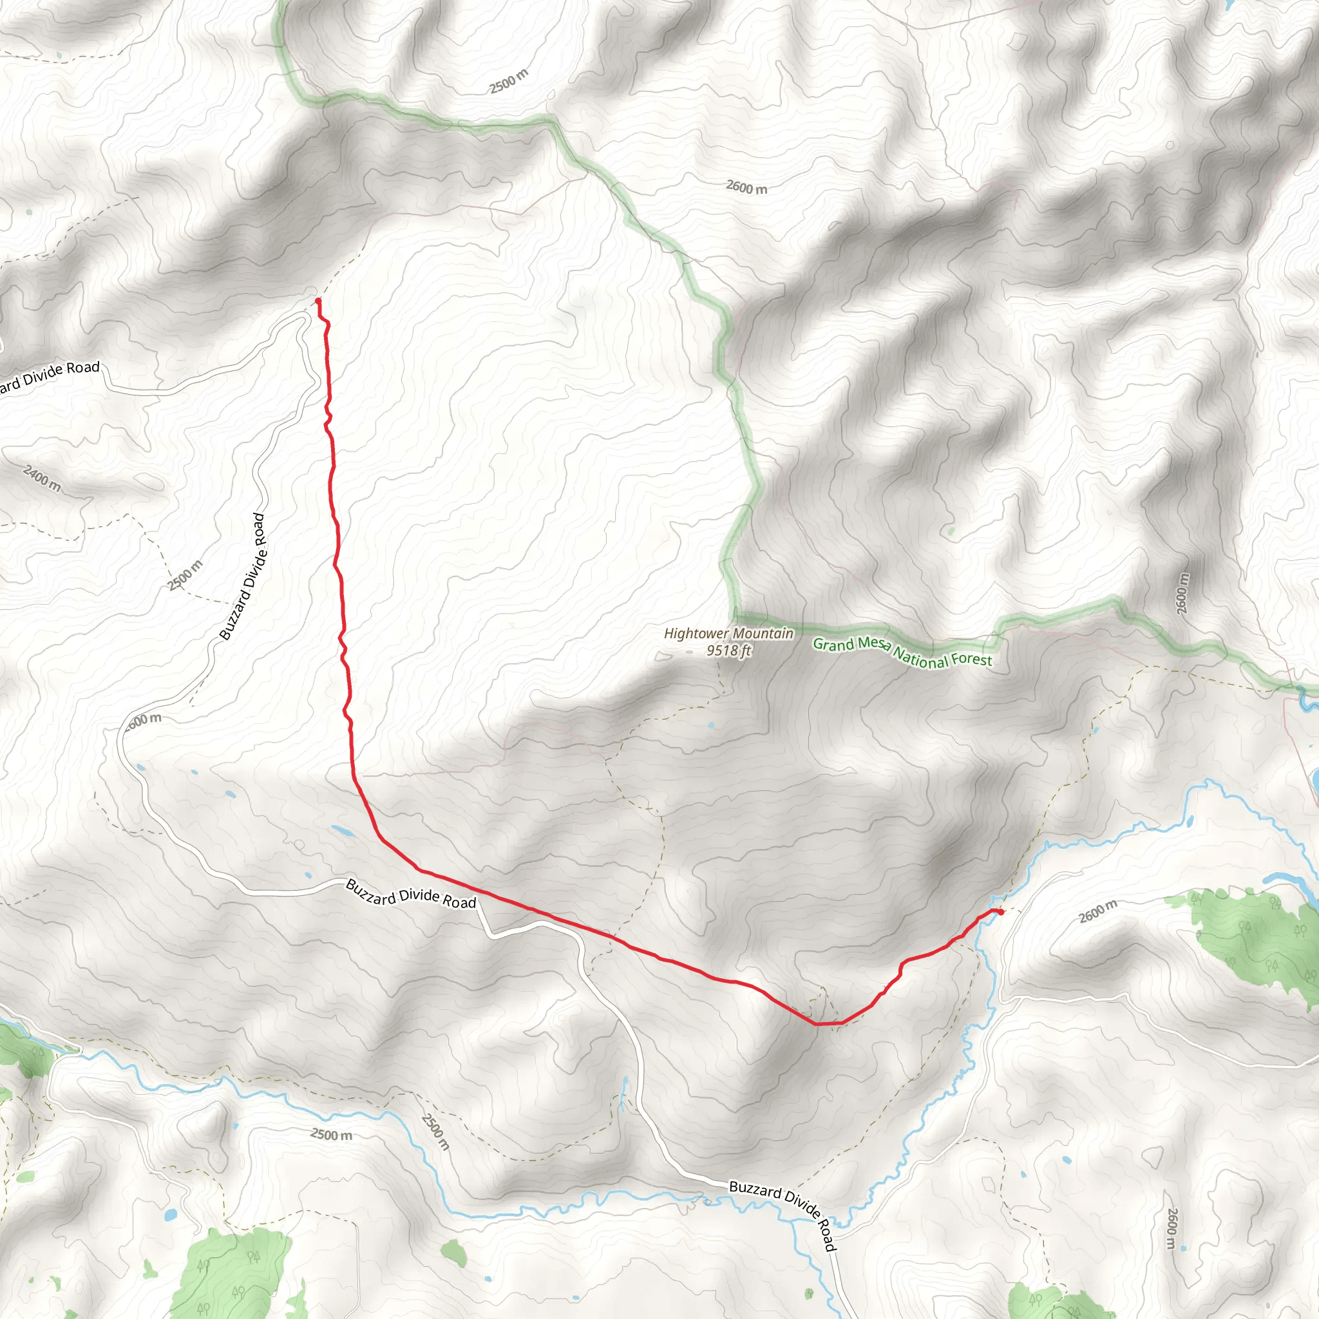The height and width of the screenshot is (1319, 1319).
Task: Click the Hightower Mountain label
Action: click(x=728, y=634)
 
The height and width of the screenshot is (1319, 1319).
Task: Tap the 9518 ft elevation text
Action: click(x=728, y=650)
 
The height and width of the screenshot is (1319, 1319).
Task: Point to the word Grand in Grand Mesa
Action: click(x=833, y=645)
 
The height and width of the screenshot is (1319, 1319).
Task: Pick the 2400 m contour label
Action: click(x=42, y=478)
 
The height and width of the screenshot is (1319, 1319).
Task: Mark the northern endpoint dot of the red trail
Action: click(x=318, y=301)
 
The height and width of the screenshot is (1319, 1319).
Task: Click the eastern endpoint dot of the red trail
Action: click(x=1000, y=912)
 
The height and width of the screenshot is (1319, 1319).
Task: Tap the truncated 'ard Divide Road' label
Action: click(x=49, y=377)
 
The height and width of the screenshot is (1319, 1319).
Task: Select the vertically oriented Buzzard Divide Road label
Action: click(x=242, y=577)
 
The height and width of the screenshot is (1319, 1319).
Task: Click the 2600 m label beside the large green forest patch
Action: click(x=1098, y=911)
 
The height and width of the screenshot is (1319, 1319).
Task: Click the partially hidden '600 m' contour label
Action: click(x=145, y=719)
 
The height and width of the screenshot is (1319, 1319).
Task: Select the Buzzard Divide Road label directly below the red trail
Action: click(x=411, y=895)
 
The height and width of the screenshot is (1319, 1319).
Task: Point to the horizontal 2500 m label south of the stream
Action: click(x=332, y=1134)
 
